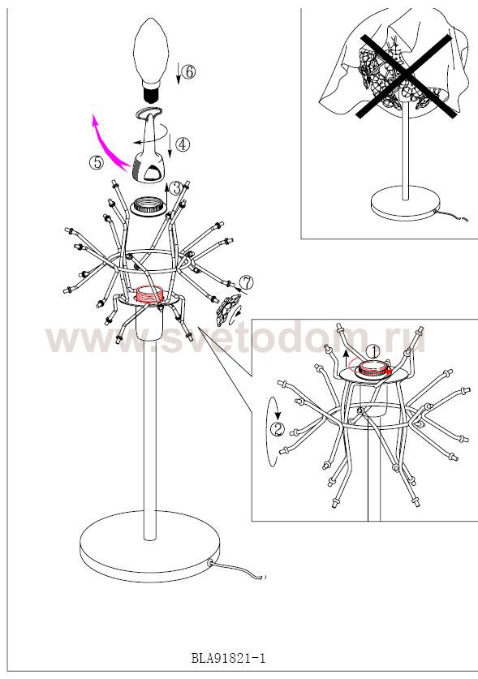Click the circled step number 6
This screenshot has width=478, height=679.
pos(188,72)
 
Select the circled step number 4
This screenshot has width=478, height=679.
pos(183,144)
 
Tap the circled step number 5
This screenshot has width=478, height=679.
pos(97,162)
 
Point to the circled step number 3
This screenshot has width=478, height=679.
pos(176,188)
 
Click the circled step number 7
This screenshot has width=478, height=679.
pos(246,283)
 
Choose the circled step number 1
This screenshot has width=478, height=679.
pos(372,351)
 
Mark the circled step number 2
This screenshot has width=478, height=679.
pos(278,428)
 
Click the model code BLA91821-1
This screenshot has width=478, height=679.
pos(228,659)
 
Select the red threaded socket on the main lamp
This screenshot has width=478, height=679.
pos(149,295)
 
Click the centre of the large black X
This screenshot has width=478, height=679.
pos(406,76)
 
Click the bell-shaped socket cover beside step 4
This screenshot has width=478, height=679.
pos(149,145)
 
